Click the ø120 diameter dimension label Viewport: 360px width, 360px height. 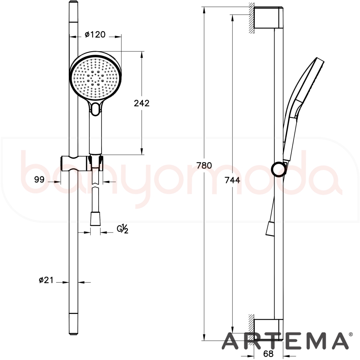(x=95, y=35)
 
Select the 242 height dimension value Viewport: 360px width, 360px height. (x=141, y=103)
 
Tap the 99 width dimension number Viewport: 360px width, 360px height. (x=39, y=179)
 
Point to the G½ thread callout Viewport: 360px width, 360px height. (x=123, y=229)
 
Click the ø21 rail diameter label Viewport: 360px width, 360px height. (x=46, y=280)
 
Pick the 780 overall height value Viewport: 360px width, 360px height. (x=204, y=165)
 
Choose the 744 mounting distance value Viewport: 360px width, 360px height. (x=232, y=180)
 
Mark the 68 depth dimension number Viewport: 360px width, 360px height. (x=269, y=354)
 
